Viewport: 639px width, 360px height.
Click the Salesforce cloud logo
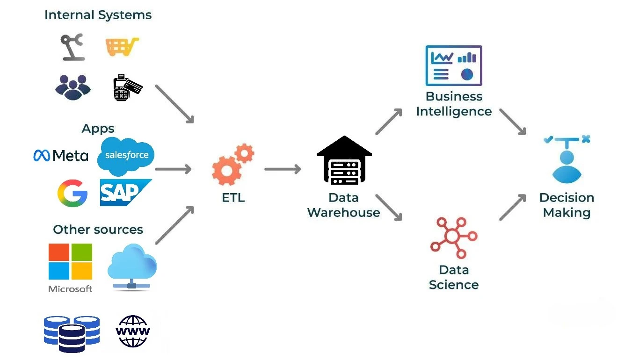(x=126, y=156)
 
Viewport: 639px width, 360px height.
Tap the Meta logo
(x=61, y=155)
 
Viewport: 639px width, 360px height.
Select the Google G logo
(x=73, y=193)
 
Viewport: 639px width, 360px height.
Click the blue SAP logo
(x=124, y=192)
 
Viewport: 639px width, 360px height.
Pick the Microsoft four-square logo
(x=70, y=262)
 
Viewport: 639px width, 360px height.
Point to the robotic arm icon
(x=73, y=47)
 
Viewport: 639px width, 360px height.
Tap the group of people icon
(x=73, y=86)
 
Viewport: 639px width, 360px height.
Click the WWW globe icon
(x=133, y=331)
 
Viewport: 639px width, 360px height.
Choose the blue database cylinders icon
(x=72, y=333)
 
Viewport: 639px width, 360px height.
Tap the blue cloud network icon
(x=132, y=267)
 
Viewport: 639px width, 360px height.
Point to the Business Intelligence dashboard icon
(x=453, y=65)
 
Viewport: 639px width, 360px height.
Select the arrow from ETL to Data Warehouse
(x=283, y=169)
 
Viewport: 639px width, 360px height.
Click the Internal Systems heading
(x=98, y=15)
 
